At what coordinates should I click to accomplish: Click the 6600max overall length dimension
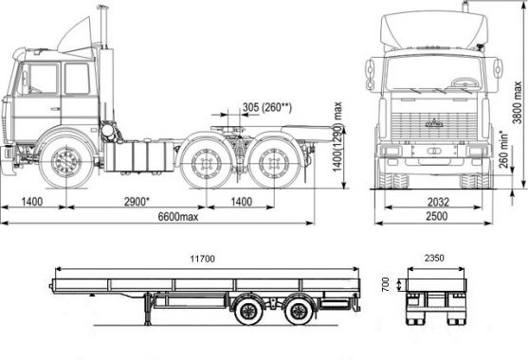[x=178, y=216]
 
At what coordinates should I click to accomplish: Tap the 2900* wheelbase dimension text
[x=137, y=202]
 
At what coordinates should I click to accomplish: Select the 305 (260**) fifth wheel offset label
[x=267, y=107]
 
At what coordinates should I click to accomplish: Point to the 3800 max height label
[x=517, y=102]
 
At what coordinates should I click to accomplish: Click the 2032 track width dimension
[x=438, y=202]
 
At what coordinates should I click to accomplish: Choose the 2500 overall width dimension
[x=437, y=216]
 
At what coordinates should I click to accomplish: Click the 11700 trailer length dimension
[x=202, y=259]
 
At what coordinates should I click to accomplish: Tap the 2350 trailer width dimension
[x=434, y=258]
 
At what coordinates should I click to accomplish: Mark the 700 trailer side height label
[x=386, y=284]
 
